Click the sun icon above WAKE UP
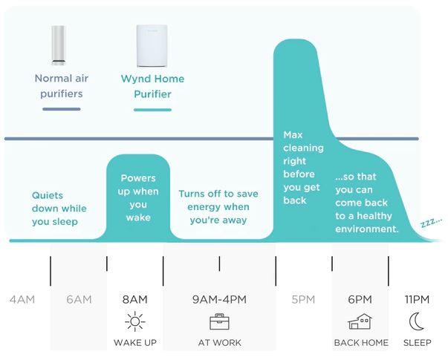(135, 321)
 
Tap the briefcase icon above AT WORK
(219, 321)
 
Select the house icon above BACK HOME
(360, 321)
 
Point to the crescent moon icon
(416, 321)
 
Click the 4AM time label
(22, 299)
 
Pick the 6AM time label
(79, 299)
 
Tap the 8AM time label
(135, 299)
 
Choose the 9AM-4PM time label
(219, 299)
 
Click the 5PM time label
(303, 299)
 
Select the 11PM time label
(417, 299)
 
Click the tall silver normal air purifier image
(59, 45)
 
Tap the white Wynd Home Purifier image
(152, 46)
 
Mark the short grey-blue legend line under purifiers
(62, 109)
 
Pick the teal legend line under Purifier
(152, 110)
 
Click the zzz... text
(432, 222)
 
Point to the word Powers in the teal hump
(138, 178)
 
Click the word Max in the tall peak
(293, 135)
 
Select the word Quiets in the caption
(48, 195)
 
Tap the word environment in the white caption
(367, 229)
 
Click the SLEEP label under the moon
(417, 343)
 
